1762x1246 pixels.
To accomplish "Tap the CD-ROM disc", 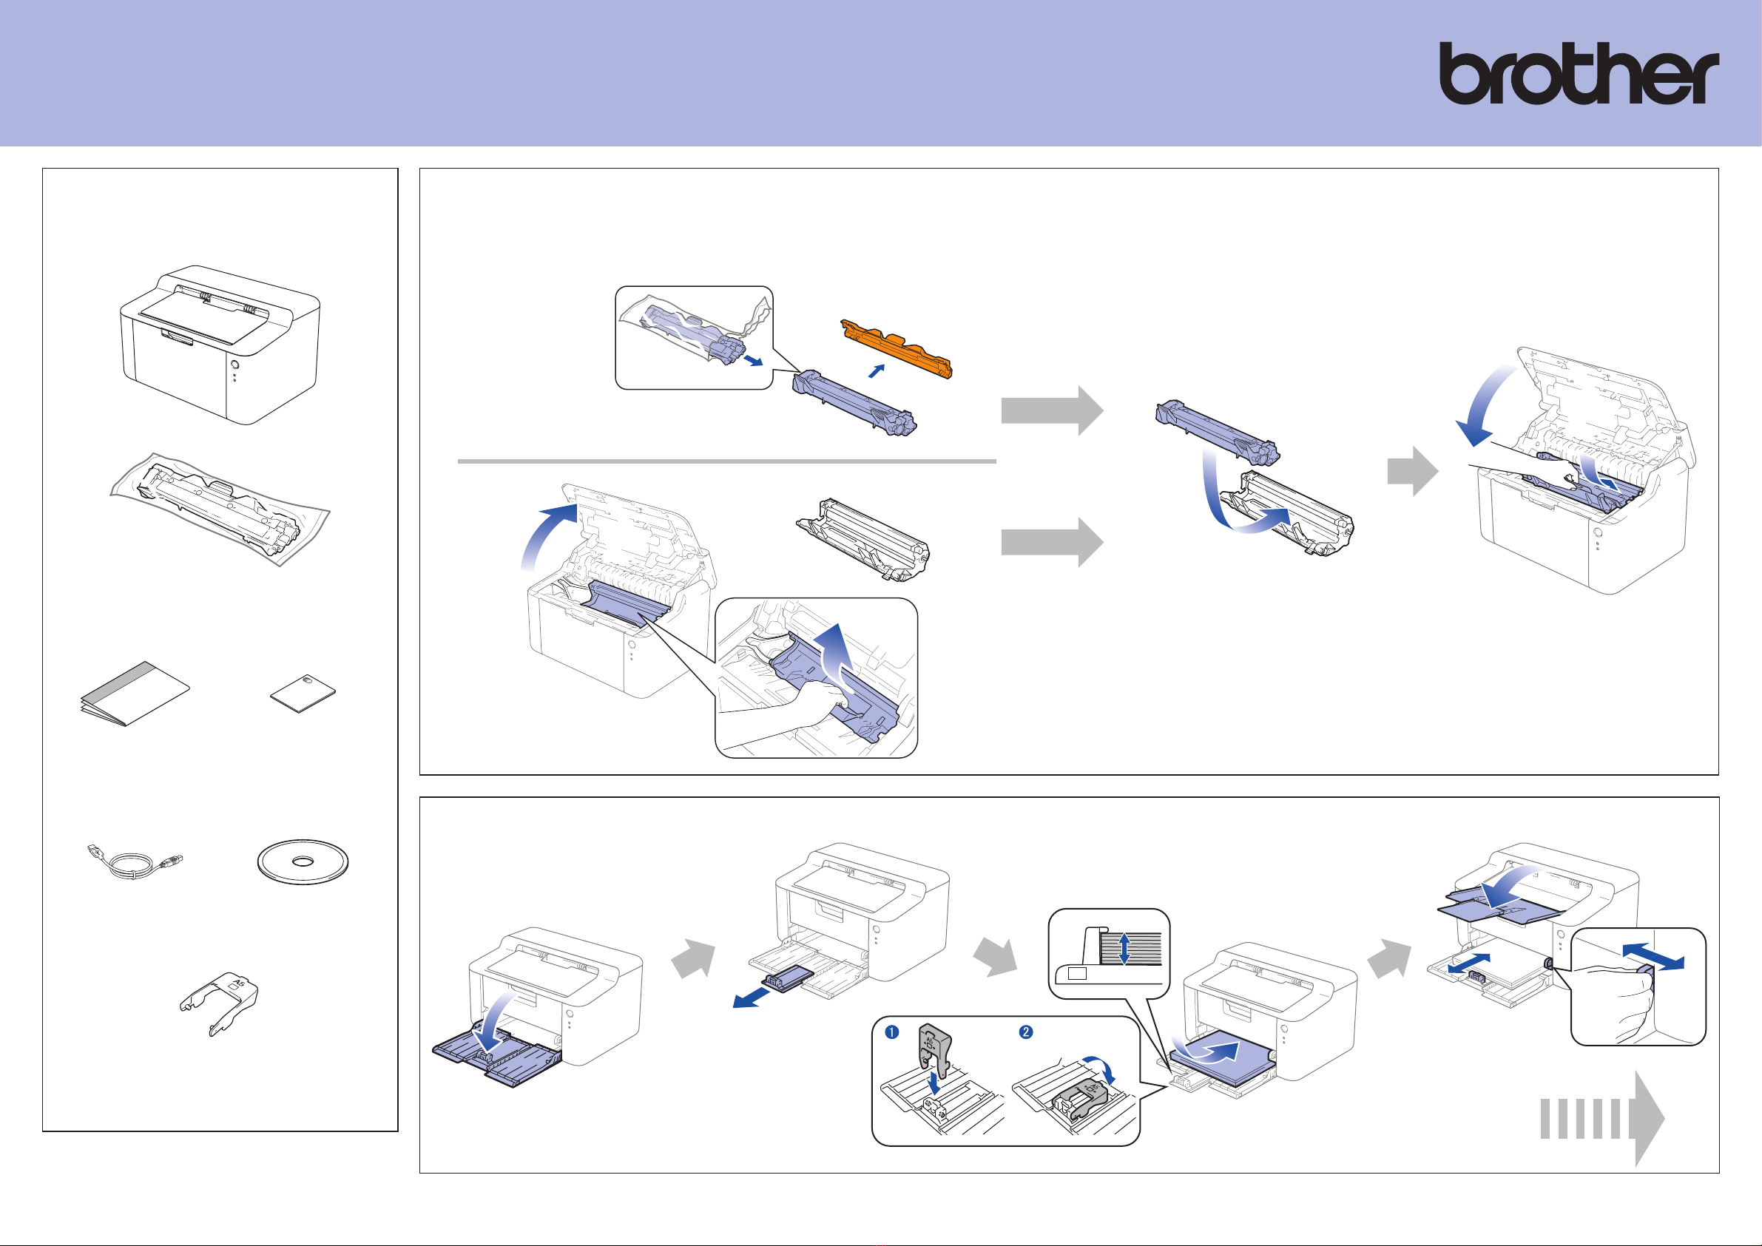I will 303,861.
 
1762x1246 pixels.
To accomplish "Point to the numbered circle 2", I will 1025,1032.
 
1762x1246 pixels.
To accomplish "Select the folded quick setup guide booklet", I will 135,694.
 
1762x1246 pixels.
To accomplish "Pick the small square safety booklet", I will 303,693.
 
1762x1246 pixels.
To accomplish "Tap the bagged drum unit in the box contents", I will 220,508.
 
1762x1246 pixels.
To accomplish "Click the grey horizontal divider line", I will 726,462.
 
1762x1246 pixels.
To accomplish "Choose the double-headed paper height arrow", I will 1124,948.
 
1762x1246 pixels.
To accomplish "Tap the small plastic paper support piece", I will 220,1000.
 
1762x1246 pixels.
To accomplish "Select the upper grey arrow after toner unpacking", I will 1051,410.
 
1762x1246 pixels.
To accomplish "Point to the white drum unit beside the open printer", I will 863,538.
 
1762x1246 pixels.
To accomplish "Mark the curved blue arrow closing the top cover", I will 1484,407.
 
